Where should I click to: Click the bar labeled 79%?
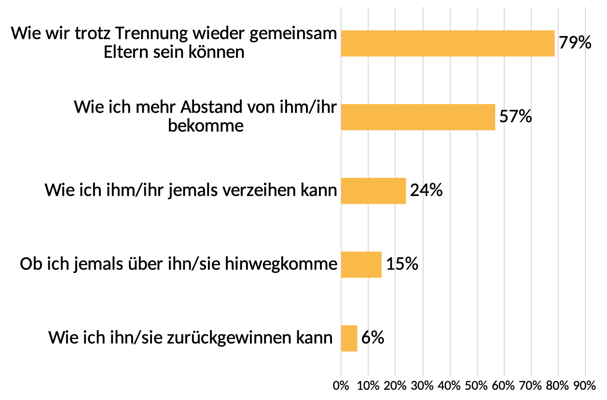(448, 43)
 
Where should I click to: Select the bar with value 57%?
(418, 117)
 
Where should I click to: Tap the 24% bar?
(373, 191)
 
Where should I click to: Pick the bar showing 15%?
(361, 265)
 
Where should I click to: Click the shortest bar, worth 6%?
(349, 338)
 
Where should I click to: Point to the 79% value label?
(575, 43)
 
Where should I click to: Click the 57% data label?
(515, 117)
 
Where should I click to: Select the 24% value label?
(426, 190)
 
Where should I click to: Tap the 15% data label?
(402, 264)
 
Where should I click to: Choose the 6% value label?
(372, 338)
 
